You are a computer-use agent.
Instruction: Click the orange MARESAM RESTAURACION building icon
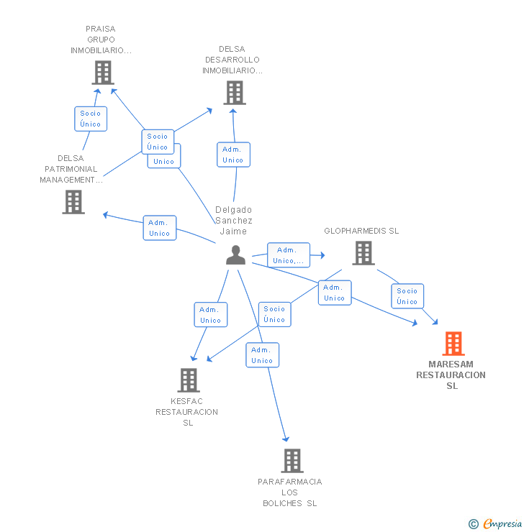point(453,344)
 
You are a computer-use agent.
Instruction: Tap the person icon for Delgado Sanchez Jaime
point(235,254)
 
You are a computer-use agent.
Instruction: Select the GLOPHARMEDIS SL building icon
point(363,253)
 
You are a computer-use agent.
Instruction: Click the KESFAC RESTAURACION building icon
point(189,380)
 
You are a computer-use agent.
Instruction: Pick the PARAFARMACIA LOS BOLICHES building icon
point(292,461)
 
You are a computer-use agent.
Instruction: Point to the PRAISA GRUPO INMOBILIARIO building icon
point(103,73)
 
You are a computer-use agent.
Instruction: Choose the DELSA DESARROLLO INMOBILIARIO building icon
point(235,93)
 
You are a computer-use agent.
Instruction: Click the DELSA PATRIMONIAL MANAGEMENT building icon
point(73,202)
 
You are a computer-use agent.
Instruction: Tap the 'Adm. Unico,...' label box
point(289,255)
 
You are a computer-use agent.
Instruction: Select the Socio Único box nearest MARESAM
point(407,296)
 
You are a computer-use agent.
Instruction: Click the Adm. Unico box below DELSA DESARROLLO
point(234,155)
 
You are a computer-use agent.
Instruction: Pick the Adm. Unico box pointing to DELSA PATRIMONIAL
point(160,228)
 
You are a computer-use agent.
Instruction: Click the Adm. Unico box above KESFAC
point(211,315)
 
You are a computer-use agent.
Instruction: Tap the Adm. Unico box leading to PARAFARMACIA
point(263,355)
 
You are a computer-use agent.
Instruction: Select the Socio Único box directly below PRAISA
point(91,119)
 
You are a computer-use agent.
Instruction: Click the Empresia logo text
point(502,523)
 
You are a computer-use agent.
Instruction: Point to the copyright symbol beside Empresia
point(474,524)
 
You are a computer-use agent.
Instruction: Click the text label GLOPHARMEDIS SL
point(361,231)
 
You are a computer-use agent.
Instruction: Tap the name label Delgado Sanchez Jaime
point(234,221)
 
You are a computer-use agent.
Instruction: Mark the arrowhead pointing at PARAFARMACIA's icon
point(286,439)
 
